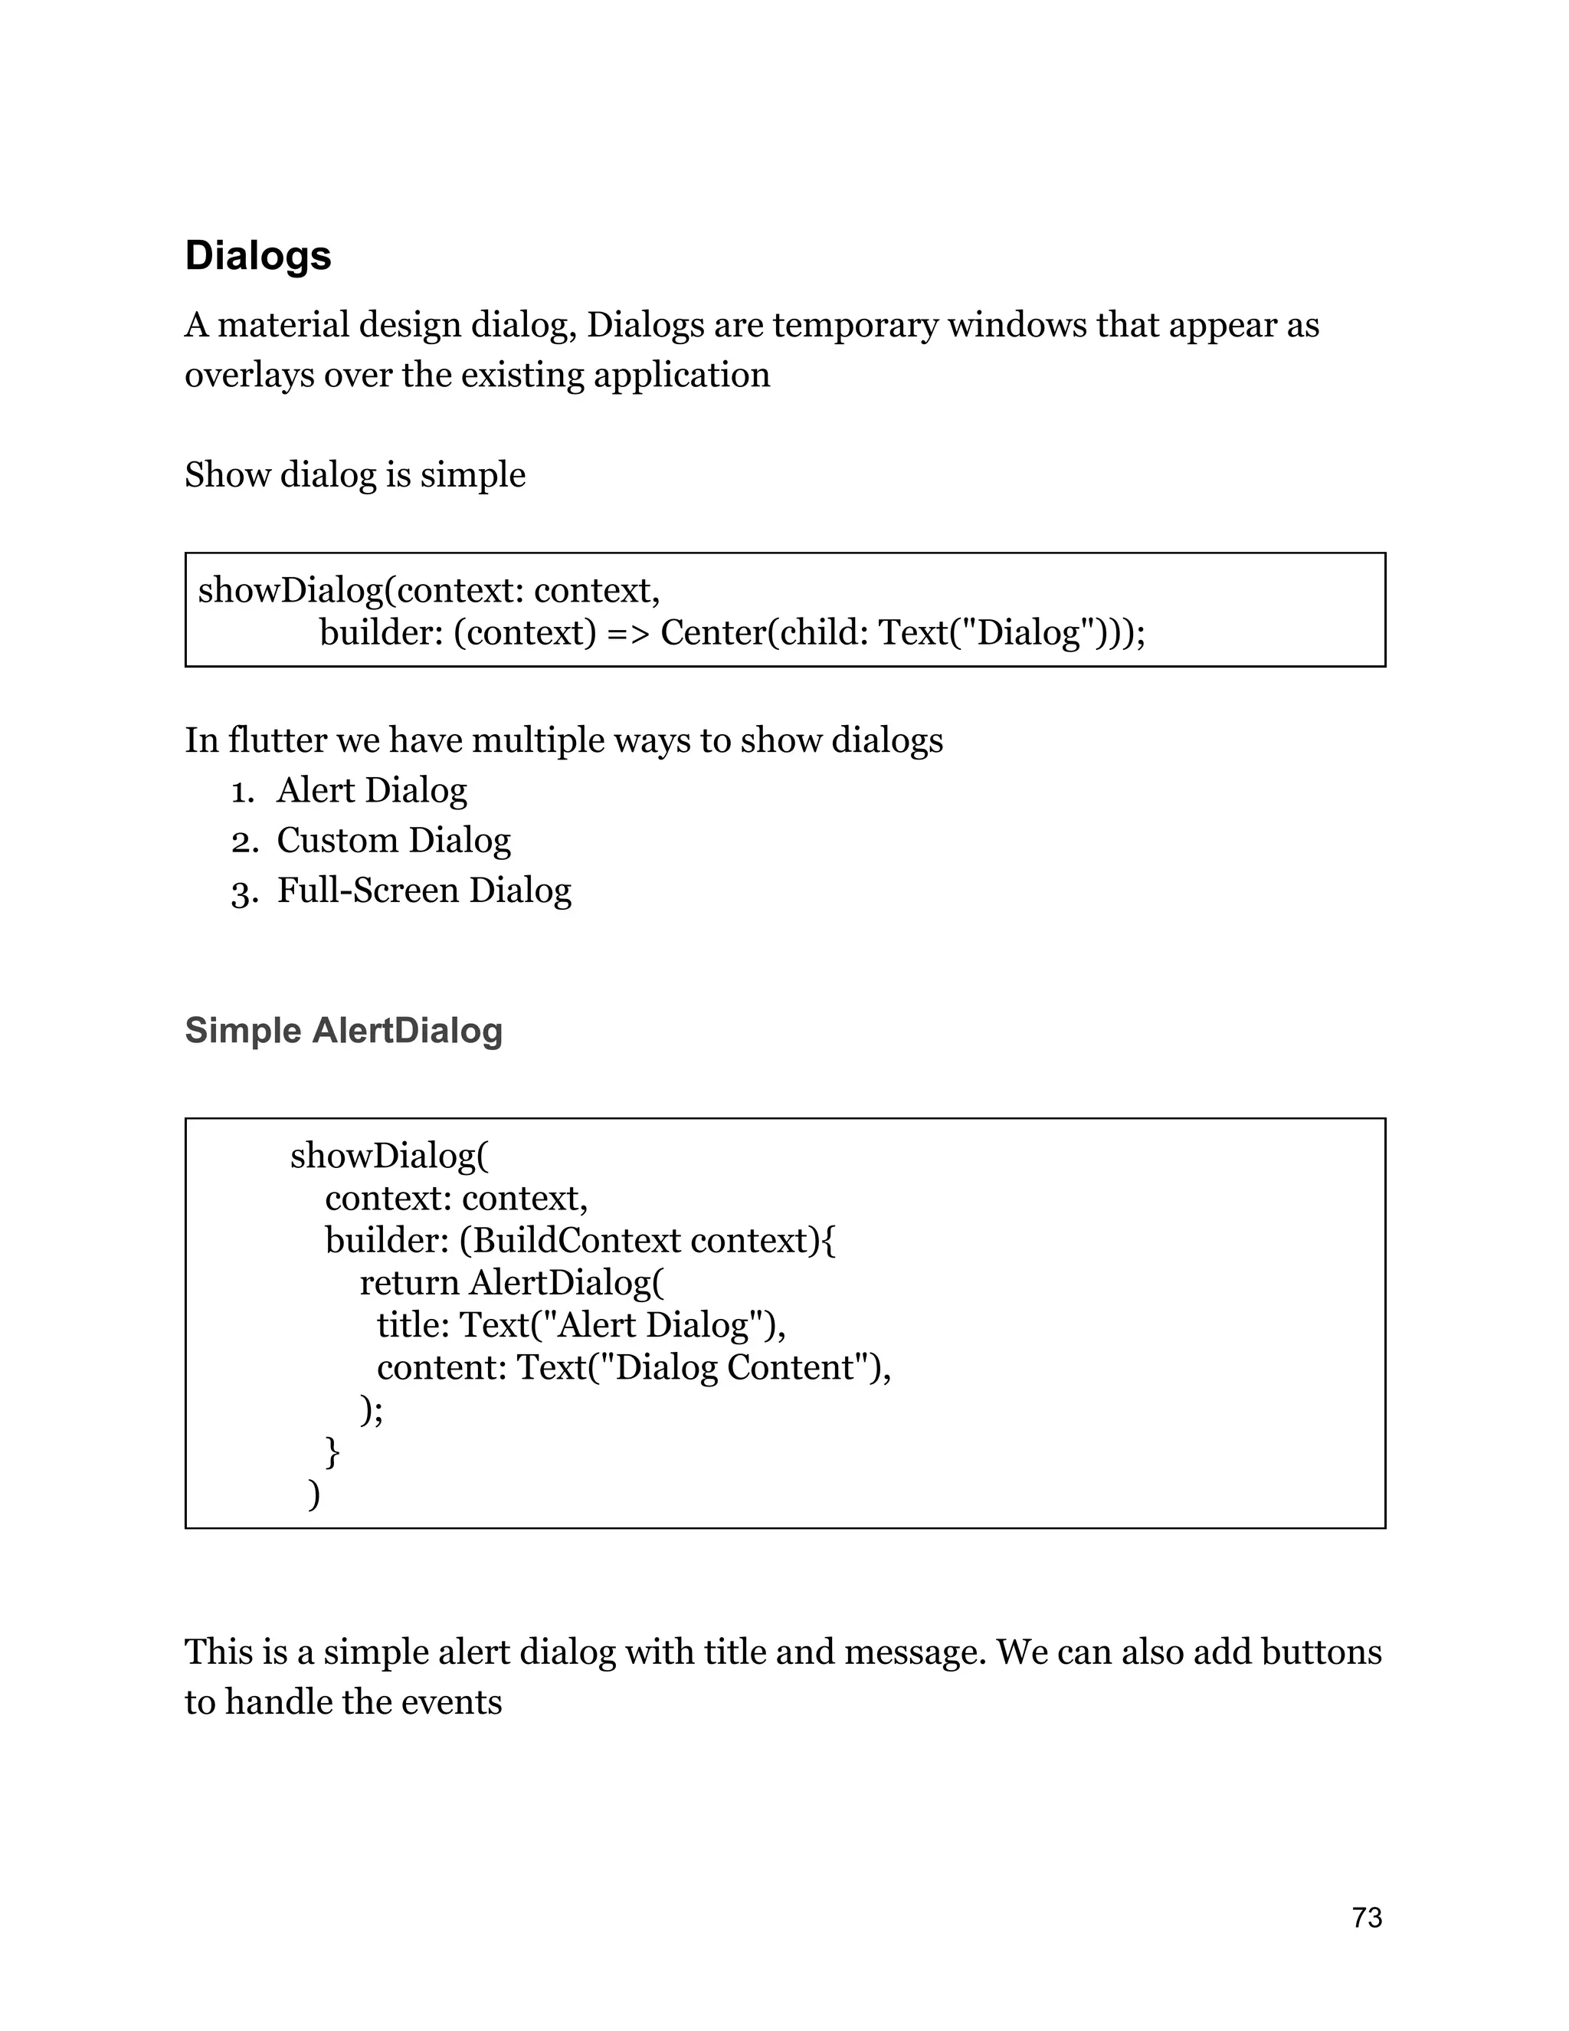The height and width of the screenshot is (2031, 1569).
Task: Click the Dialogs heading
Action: (257, 256)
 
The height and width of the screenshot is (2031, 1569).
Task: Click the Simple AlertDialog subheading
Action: (343, 1030)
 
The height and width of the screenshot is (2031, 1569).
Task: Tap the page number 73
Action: (1367, 1918)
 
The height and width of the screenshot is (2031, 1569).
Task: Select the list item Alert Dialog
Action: (371, 790)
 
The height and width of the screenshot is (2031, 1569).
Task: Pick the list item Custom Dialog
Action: (393, 841)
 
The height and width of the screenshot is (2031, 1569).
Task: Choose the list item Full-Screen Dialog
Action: (423, 891)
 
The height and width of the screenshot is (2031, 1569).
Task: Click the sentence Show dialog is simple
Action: (354, 475)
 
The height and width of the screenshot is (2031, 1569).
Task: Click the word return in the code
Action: (409, 1283)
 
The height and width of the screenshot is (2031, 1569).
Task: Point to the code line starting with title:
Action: (580, 1325)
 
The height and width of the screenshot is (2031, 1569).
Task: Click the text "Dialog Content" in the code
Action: (734, 1368)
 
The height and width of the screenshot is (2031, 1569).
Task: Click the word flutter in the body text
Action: (276, 741)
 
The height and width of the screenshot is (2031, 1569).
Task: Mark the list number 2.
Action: (244, 842)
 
